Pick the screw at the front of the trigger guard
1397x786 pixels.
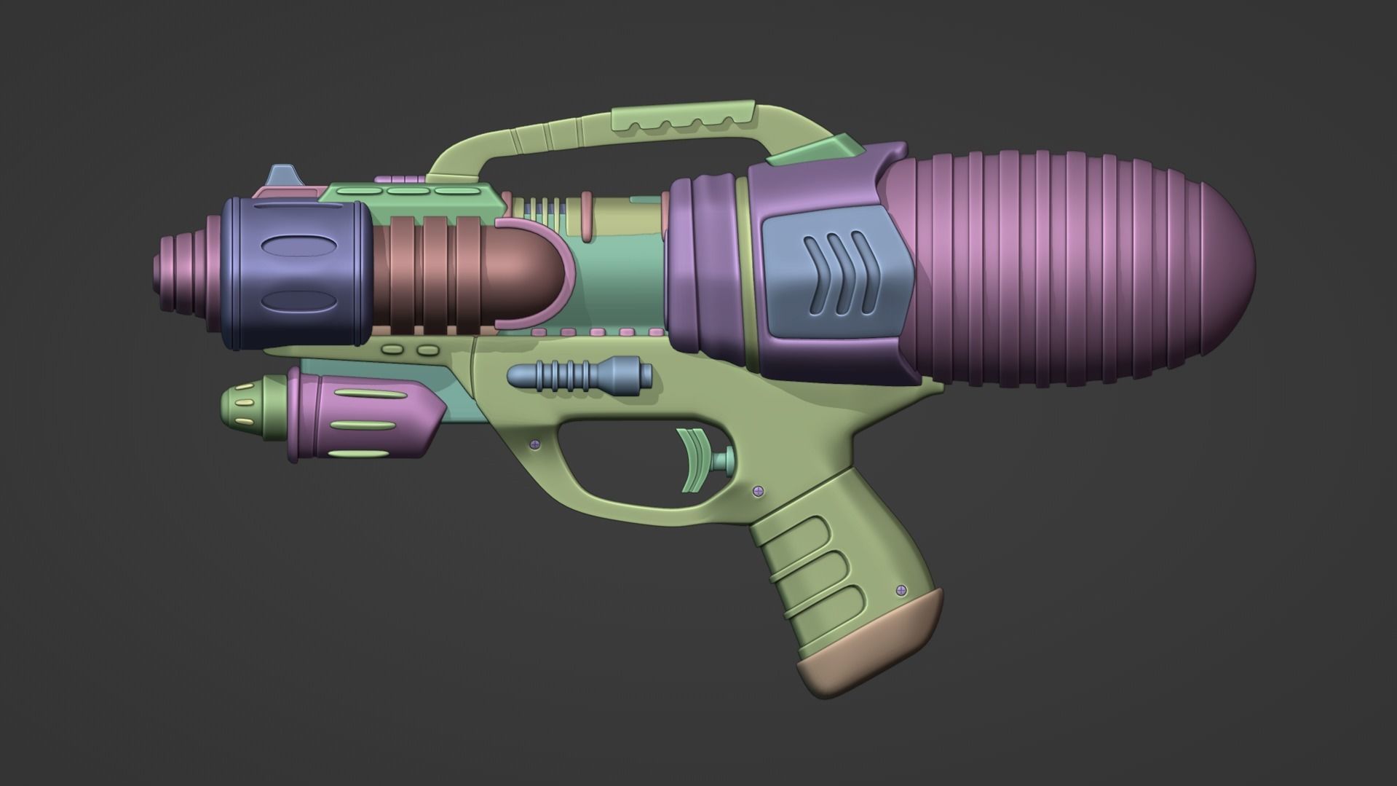pyautogui.click(x=536, y=443)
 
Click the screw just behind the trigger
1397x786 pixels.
pyautogui.click(x=757, y=490)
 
